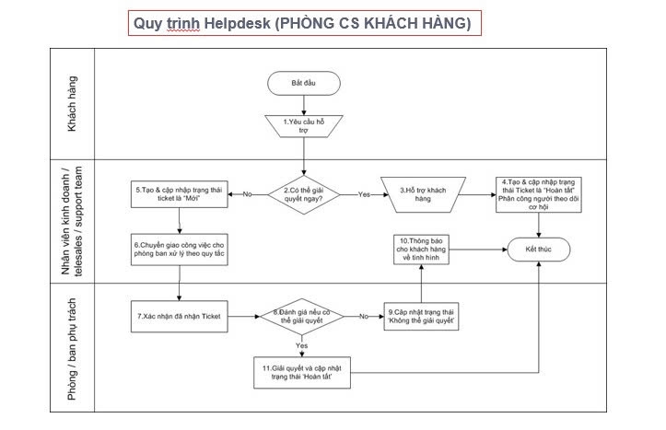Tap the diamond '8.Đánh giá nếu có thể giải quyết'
click(302, 317)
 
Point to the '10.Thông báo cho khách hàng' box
click(422, 250)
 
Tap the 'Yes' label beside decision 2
click(362, 194)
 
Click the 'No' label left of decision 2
click(247, 194)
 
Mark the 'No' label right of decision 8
click(363, 317)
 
